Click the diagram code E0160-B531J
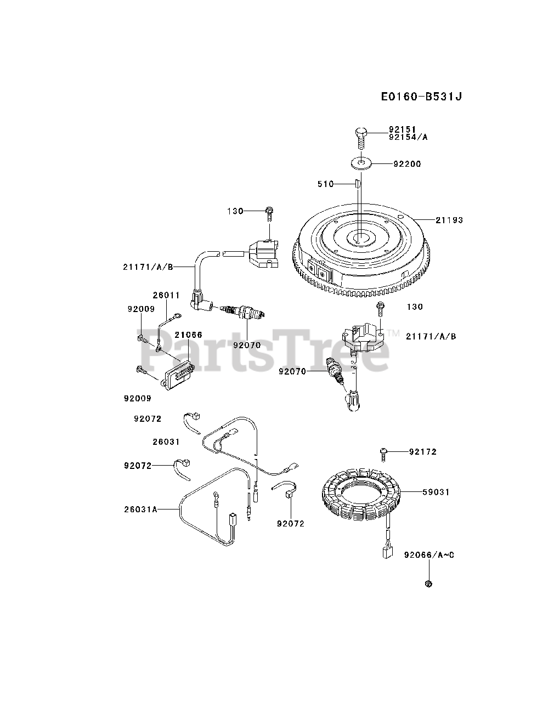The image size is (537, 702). click(421, 97)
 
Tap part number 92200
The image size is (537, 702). click(407, 164)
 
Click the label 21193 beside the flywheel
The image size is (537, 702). click(449, 220)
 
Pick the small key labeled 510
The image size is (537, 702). click(357, 183)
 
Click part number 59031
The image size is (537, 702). click(436, 492)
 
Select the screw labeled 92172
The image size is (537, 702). click(383, 452)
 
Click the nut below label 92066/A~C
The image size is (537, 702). click(429, 583)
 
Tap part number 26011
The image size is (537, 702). click(166, 295)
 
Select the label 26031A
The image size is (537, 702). click(140, 509)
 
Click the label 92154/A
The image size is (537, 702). click(408, 137)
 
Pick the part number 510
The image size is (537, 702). click(325, 184)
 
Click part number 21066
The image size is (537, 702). click(188, 335)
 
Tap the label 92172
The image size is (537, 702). click(423, 452)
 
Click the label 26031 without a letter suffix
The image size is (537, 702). click(166, 441)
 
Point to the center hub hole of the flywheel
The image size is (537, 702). click(360, 237)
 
